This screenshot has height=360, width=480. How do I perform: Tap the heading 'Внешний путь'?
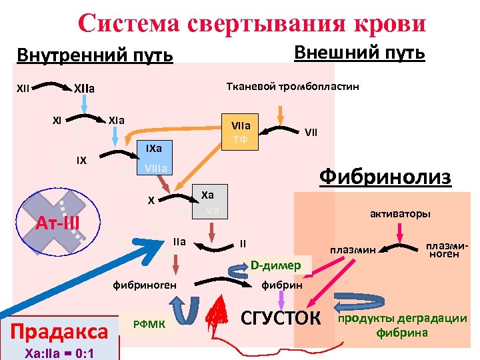pos(359,52)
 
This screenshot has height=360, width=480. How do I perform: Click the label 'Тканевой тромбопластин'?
pos(293,86)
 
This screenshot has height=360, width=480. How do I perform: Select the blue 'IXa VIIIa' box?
pos(153,157)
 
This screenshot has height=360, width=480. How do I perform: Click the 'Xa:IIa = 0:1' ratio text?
pos(58,351)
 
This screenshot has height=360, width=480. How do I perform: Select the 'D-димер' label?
pos(275,265)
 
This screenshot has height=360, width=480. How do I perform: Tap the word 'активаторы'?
pos(400,214)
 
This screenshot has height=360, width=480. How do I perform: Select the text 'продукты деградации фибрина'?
pos(403,325)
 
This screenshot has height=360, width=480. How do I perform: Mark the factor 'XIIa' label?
pos(84,87)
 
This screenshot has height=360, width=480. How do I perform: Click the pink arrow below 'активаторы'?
pos(399,233)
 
